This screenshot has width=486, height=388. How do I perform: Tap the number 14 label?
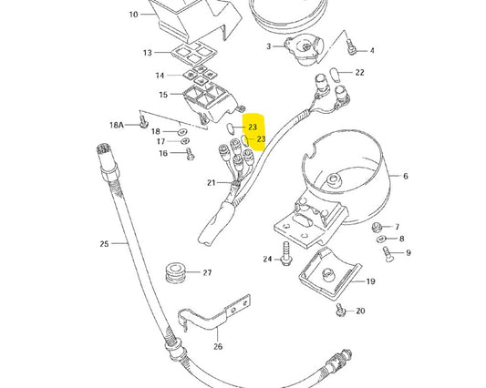160,75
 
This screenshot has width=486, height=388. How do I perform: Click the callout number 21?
211,183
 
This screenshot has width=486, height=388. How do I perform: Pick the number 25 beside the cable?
104,243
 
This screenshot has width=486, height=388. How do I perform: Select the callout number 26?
218,345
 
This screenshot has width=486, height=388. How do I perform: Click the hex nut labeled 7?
376,227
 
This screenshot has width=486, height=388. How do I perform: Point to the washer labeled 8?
380,239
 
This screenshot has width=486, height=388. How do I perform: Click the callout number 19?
371,281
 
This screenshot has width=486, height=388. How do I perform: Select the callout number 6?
405,177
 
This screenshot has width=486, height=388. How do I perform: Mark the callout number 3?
269,46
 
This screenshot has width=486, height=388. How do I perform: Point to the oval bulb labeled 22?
336,73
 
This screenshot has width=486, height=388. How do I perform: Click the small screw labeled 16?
190,155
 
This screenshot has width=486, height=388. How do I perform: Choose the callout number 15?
163,95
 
